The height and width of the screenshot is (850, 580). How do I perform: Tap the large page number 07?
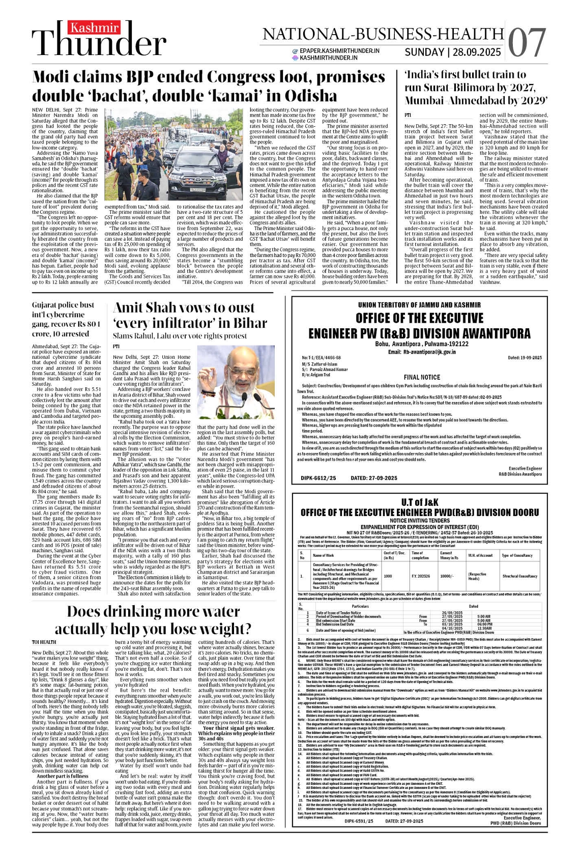pos(527,43)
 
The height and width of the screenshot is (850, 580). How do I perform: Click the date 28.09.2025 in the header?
pos(477,52)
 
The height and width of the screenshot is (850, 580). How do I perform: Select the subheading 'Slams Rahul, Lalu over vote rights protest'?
pos(180,336)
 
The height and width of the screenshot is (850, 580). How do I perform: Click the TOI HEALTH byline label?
pos(44,642)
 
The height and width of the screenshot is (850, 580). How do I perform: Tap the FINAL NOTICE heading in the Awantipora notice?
pos(422,377)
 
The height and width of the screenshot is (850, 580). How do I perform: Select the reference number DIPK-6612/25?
pos(318,478)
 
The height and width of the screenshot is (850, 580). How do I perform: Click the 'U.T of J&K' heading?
pos(420,502)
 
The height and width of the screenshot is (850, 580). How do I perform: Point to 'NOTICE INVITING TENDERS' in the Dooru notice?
pos(420,521)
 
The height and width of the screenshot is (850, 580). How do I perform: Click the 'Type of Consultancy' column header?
pos(517,555)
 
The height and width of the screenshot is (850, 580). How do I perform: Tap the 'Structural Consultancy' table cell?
pos(519,576)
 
